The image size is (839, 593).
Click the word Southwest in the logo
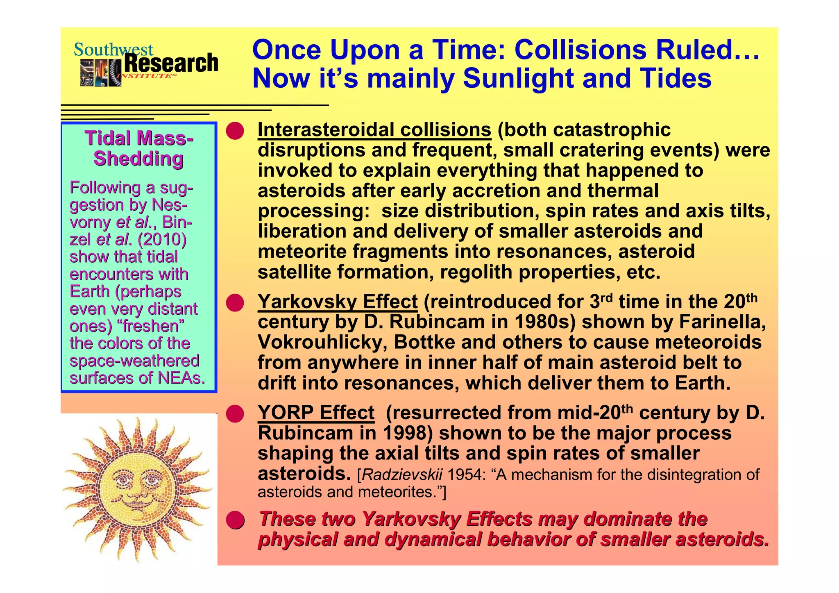[x=113, y=50]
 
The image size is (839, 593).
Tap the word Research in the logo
[x=171, y=64]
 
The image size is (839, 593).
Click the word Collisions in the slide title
[x=580, y=50]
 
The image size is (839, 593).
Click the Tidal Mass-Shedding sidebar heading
[x=139, y=148]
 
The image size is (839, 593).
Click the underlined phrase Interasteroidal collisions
[x=374, y=130]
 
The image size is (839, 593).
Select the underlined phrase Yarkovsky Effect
[x=337, y=302]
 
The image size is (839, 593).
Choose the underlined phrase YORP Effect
[x=316, y=413]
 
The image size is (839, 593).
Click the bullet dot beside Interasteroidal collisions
[x=235, y=131]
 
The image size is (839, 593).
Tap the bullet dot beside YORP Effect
[x=235, y=414]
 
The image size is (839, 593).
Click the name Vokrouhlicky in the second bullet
[x=322, y=342]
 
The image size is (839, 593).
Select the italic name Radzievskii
[x=402, y=475]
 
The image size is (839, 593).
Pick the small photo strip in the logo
[x=100, y=73]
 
